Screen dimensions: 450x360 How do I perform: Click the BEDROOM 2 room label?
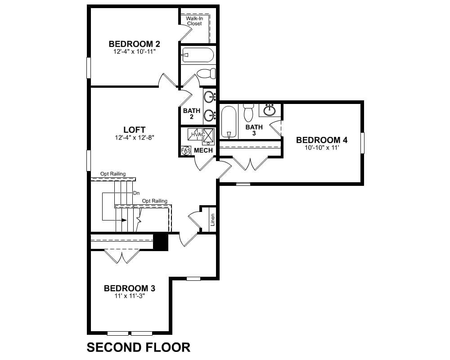coord(134,44)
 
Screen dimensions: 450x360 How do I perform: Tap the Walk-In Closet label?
coord(194,21)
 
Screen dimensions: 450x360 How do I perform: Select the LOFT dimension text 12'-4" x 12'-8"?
coord(135,138)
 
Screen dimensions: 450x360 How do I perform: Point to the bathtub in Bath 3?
coord(229,122)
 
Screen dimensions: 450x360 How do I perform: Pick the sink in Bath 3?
coord(270,110)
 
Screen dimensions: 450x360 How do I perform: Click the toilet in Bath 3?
coord(248,112)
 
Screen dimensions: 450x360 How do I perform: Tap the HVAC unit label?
coord(198,135)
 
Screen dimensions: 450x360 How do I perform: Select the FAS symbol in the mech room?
coord(186,150)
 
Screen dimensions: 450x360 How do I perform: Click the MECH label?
coord(203,150)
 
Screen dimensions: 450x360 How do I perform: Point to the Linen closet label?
coord(212,220)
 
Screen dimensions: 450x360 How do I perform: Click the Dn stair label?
coord(136,193)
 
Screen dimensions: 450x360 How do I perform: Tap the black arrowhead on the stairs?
coord(124,220)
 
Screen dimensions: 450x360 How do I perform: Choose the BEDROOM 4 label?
coord(322,140)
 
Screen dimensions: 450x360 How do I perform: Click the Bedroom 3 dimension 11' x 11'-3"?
coord(130,296)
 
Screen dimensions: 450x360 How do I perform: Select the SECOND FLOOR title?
coord(138,347)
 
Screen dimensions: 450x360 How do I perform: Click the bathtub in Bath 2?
coord(198,55)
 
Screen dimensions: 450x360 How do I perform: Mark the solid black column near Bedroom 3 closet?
coord(161,242)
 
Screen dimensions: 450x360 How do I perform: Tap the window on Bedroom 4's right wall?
coord(362,143)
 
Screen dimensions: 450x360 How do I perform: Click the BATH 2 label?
coord(192,113)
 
